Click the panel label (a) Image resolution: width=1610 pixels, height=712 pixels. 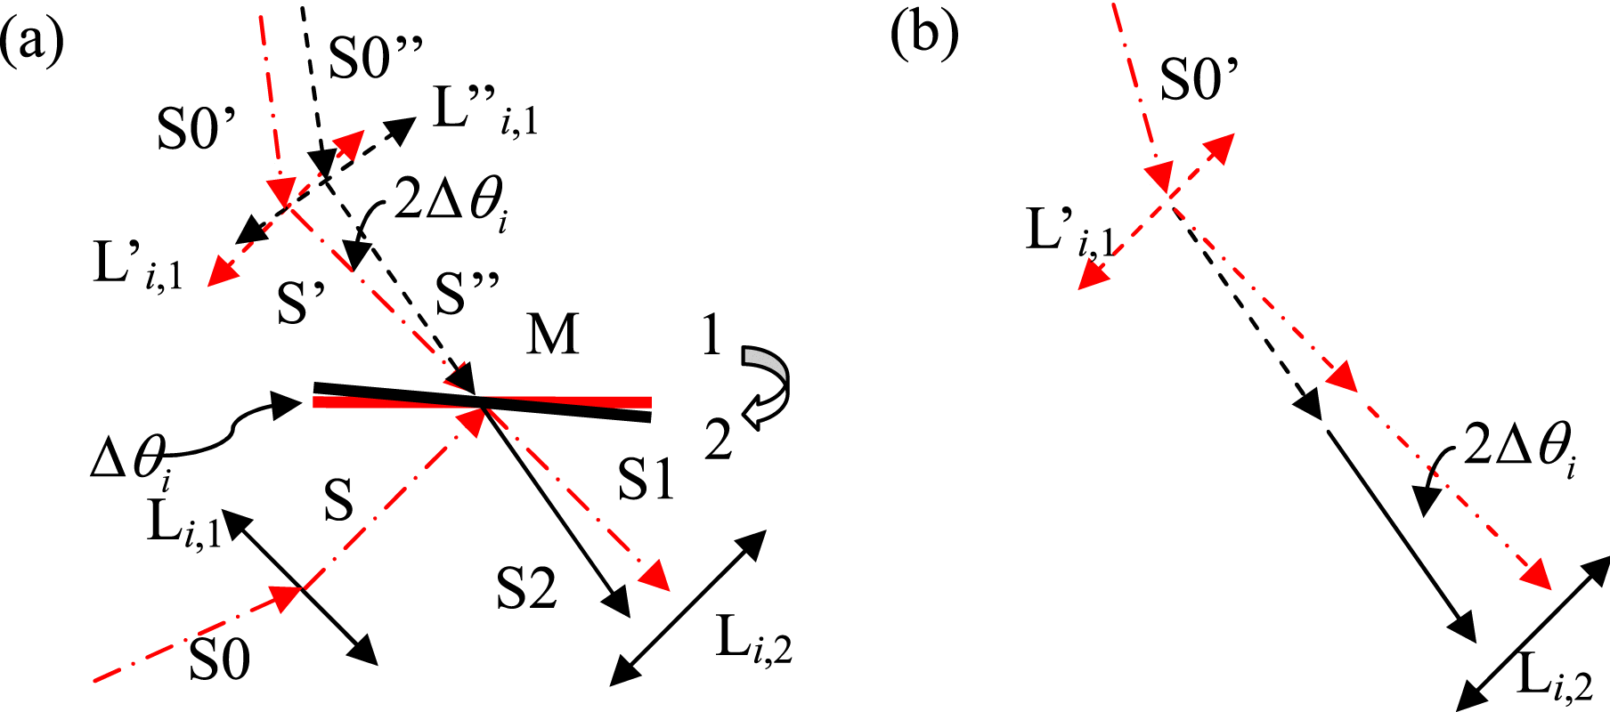[33, 41]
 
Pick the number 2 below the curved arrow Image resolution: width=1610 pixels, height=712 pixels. [719, 439]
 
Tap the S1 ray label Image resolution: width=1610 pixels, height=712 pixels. [646, 480]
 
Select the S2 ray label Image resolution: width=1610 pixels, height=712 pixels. [526, 588]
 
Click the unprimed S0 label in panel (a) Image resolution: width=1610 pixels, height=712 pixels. [219, 661]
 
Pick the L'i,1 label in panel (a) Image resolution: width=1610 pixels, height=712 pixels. [139, 266]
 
